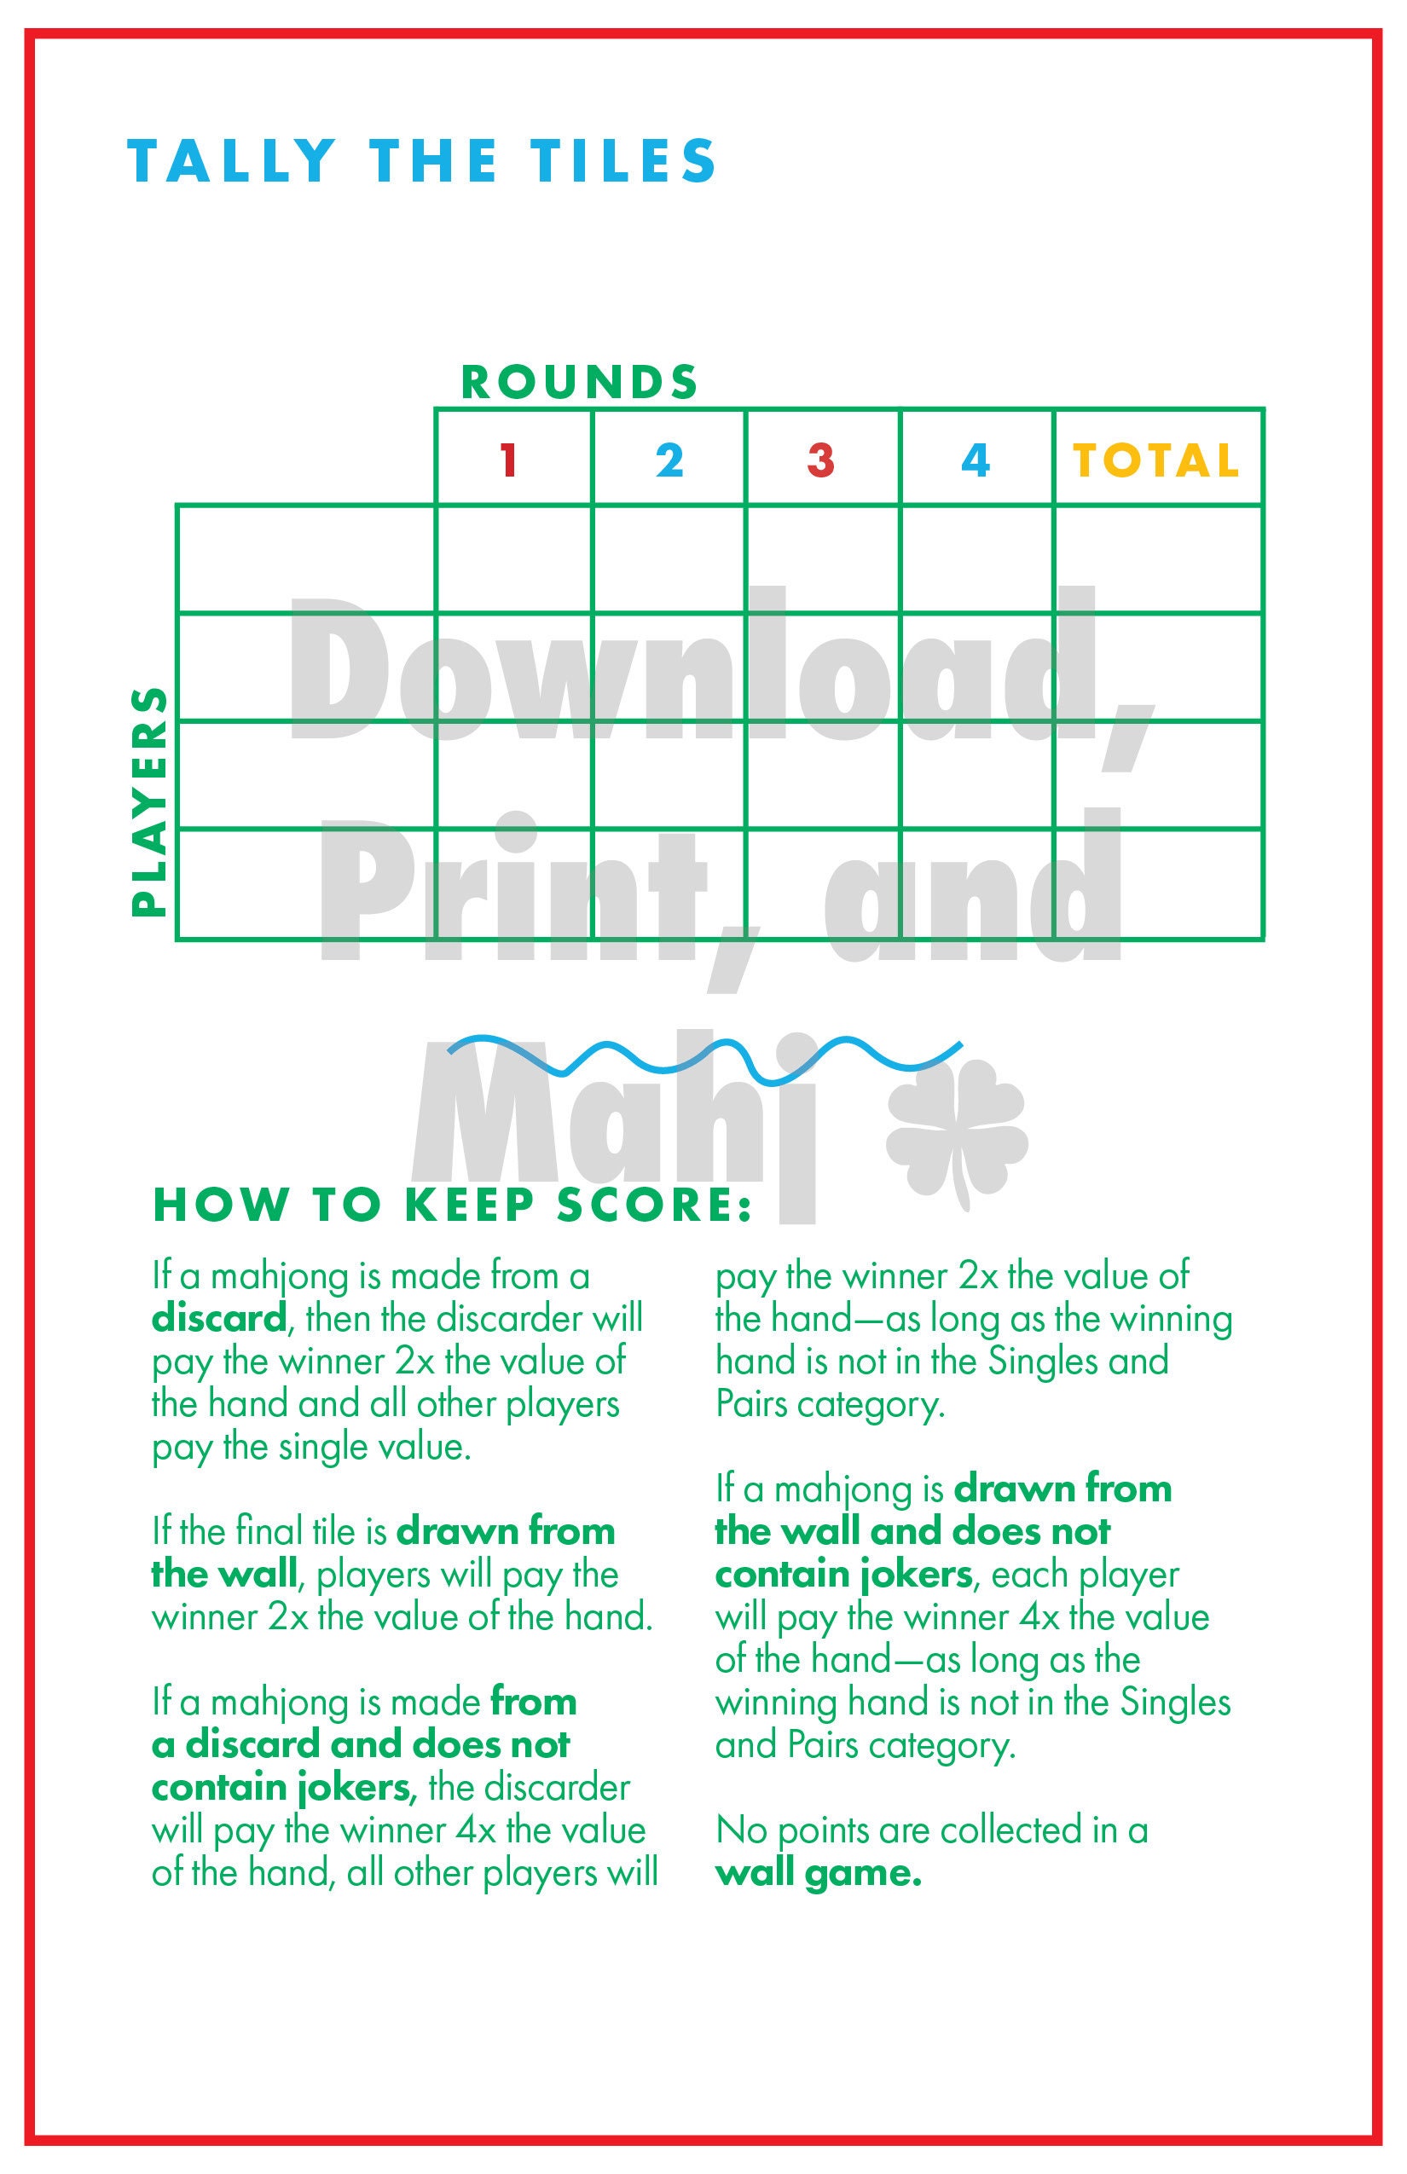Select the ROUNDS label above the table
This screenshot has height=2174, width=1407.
[580, 382]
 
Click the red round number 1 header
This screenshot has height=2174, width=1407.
[509, 460]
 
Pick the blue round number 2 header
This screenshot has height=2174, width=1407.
[669, 460]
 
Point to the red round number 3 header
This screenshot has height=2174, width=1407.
[820, 460]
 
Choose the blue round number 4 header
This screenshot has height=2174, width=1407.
[976, 460]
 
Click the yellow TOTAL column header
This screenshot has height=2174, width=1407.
[1155, 460]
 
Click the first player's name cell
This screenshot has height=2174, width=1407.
[306, 559]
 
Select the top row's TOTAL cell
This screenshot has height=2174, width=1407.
[1159, 559]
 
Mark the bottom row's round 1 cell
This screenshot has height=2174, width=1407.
[513, 884]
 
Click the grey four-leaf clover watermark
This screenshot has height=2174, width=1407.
[958, 1133]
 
